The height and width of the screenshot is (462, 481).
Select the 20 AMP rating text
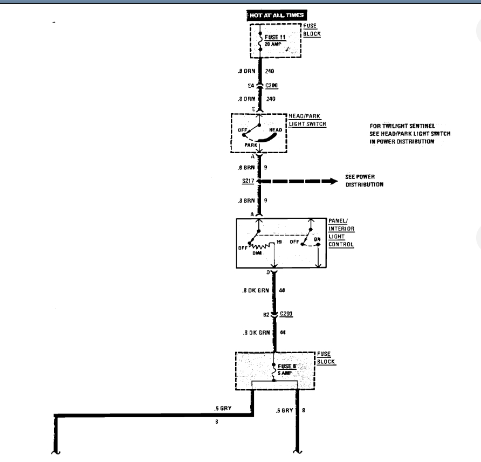tap(273, 44)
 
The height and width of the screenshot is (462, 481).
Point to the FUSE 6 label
tap(287, 366)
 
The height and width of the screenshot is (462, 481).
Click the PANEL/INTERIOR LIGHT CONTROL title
tap(341, 233)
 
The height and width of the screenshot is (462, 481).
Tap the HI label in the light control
tap(280, 243)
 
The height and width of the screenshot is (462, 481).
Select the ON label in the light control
tap(317, 239)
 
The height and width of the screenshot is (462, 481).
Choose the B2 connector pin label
tap(266, 313)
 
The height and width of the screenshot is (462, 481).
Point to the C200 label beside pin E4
tap(272, 85)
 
